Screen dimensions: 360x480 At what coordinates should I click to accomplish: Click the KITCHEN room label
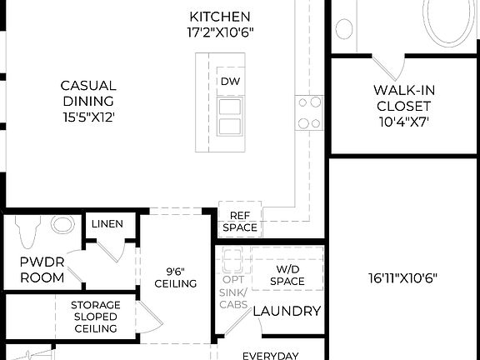tap(220, 17)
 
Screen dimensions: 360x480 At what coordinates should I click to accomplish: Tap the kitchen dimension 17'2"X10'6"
tap(220, 32)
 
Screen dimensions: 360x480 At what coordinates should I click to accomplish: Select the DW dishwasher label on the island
tap(229, 81)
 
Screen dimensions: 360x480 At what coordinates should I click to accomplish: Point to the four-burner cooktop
tap(309, 112)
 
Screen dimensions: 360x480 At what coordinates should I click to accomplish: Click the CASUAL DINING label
tap(87, 93)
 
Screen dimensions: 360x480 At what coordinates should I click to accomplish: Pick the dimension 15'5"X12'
tap(87, 117)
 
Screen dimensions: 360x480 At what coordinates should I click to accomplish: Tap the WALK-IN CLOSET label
tap(403, 98)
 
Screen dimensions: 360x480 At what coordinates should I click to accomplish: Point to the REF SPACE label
tap(240, 221)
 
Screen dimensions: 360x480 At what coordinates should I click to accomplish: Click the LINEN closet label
tap(107, 224)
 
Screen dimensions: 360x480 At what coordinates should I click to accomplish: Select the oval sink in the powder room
tap(62, 224)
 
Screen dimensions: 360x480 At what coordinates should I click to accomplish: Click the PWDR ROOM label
tap(42, 269)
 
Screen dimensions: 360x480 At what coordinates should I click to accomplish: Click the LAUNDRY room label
tap(287, 311)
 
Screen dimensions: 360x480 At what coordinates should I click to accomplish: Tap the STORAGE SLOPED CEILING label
tap(95, 317)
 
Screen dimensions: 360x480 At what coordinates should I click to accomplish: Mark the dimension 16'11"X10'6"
tap(403, 278)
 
